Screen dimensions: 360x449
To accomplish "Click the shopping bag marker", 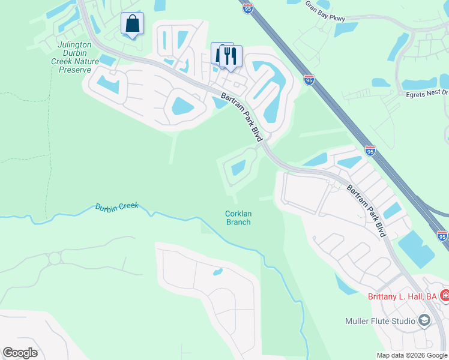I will pos(132,24).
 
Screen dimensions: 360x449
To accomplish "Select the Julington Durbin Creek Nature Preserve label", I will pos(74,57).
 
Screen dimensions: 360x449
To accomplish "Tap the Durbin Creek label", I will pos(116,206).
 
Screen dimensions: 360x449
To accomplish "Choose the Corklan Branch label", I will pos(238,217).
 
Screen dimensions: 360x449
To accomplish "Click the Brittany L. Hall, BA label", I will pos(402,296).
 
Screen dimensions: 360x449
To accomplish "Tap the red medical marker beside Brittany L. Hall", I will pos(445,295).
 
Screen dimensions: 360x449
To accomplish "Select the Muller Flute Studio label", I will pos(381,321).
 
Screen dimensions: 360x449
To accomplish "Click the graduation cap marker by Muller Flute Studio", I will pos(424,320).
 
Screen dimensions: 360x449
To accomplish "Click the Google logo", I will pos(20,353).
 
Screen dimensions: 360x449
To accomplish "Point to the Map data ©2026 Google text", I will pos(411,355).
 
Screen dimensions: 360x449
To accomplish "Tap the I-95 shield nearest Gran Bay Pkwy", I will pos(248,8).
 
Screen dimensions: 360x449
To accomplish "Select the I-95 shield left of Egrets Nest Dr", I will pos(309,79).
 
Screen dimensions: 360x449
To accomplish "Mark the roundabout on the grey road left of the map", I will pos(55,259).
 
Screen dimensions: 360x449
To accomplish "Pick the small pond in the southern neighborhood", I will pos(217,272).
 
